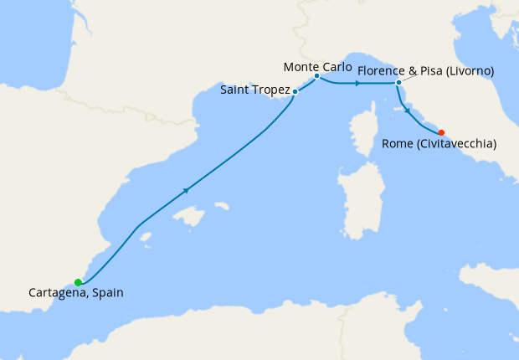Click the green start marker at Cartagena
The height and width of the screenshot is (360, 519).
pos(78,282)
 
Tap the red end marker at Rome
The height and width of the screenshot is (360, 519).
pos(441,131)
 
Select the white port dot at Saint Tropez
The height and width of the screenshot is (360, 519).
pos(295,92)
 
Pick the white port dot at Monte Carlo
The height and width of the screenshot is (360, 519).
pos(316,76)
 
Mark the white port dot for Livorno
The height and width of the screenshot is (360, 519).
pos(398,83)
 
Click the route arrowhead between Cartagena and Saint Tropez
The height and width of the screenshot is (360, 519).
pos(186,190)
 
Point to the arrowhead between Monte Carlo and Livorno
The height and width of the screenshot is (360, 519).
pos(357,83)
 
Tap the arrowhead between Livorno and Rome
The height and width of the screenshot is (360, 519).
pos(408,111)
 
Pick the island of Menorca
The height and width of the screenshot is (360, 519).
pos(221,206)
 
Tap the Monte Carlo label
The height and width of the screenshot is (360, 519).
pos(315,65)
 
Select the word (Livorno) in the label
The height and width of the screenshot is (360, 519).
pos(465,71)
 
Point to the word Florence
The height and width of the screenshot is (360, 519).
pos(382,71)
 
